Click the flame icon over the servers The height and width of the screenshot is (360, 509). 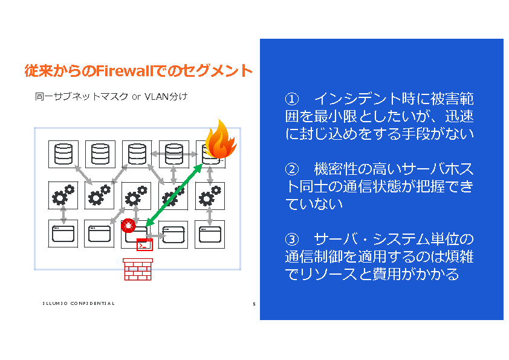219,140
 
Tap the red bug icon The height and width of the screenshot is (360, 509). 128,226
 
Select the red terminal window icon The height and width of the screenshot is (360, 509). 144,244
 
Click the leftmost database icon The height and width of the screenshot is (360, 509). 63,155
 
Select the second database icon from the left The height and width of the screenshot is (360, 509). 100,155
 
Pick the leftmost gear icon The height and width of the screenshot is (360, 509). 63,196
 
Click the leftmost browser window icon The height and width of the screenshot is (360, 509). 63,234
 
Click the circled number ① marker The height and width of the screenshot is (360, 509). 292,99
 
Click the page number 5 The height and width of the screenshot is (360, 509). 254,304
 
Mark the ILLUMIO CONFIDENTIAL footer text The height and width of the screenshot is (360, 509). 78,303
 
